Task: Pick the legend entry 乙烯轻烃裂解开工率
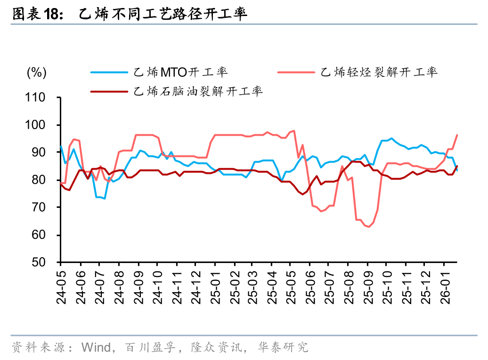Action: [x=379, y=72]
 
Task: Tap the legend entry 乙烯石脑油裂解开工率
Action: [x=198, y=91]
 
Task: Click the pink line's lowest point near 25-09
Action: [x=369, y=227]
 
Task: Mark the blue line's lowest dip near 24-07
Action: [x=105, y=198]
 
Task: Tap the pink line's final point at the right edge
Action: [x=457, y=135]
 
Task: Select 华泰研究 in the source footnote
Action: [x=283, y=348]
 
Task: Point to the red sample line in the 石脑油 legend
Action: [x=109, y=91]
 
